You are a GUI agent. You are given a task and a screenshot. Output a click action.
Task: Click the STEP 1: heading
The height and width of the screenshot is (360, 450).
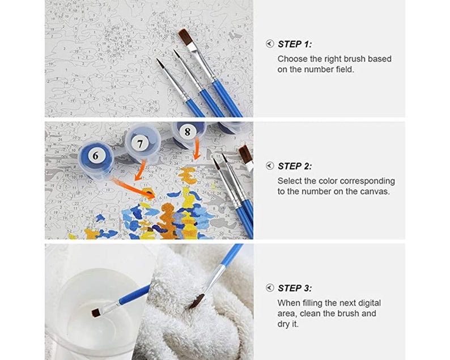pyautogui.click(x=295, y=44)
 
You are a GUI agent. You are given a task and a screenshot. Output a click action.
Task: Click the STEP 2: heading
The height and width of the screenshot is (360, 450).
pyautogui.click(x=295, y=166)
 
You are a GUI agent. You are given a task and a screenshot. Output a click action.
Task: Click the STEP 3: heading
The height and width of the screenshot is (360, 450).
pyautogui.click(x=295, y=288)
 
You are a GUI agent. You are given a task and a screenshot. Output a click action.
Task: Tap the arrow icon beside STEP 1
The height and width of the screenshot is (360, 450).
pyautogui.click(x=270, y=44)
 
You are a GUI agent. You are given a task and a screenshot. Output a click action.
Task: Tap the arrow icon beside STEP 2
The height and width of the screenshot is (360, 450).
pyautogui.click(x=270, y=166)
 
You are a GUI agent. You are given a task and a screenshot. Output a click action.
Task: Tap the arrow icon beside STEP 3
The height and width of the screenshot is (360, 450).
pyautogui.click(x=270, y=288)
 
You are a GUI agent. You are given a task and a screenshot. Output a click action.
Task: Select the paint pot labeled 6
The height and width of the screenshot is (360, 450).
pyautogui.click(x=96, y=155)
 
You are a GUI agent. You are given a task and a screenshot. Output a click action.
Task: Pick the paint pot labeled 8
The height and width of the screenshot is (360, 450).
pyautogui.click(x=188, y=133)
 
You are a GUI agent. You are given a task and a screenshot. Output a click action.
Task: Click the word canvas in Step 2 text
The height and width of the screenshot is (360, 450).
pyautogui.click(x=374, y=192)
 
